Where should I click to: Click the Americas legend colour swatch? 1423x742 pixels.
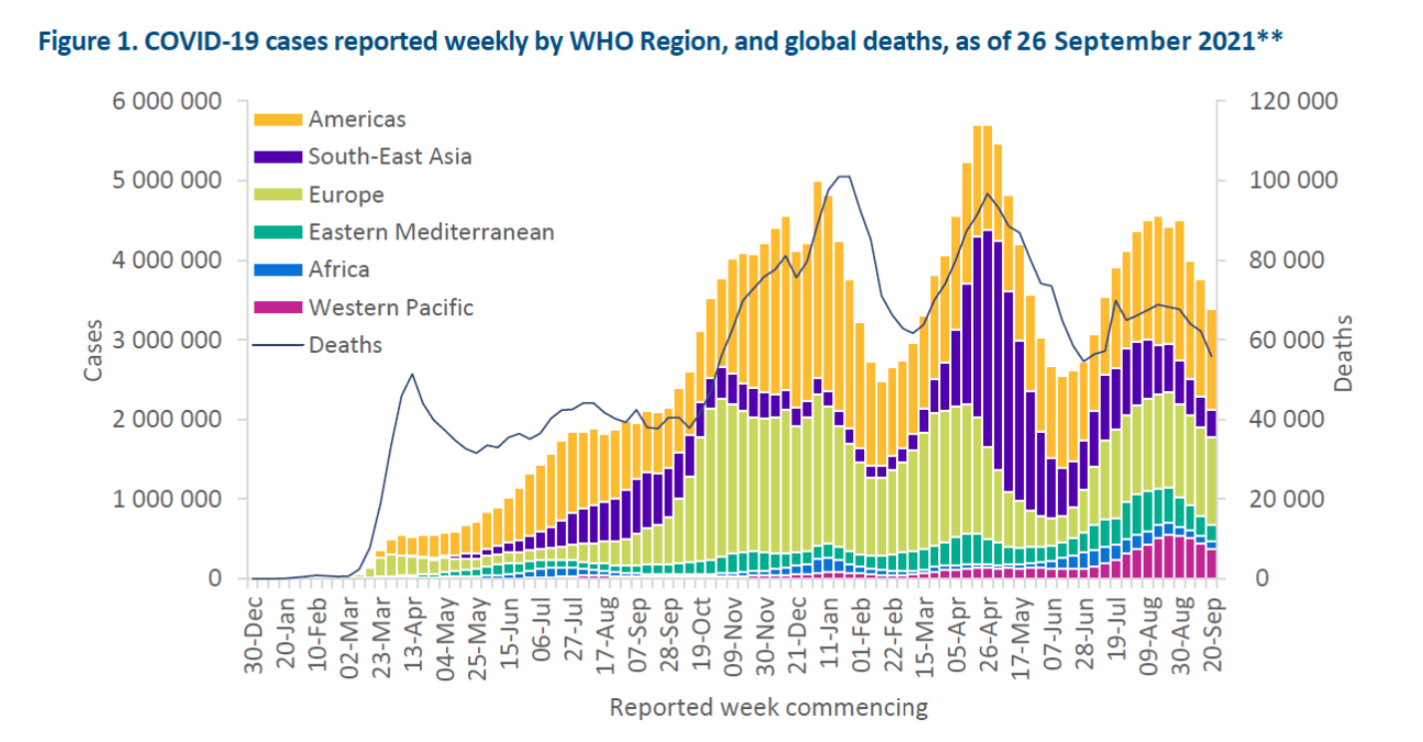coord(277,119)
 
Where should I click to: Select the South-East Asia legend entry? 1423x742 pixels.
coord(390,157)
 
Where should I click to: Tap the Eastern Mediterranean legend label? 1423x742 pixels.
coord(431,232)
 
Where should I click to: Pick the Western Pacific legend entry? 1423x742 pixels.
coord(390,307)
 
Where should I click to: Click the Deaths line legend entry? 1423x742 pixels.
coord(345,345)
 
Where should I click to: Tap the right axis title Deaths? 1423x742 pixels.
coord(1343,354)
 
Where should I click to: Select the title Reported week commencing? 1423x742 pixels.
coord(768,708)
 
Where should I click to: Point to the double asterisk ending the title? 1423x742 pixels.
coord(1269,39)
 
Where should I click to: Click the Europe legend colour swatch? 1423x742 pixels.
coord(277,194)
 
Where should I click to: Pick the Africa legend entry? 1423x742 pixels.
coord(338,269)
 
